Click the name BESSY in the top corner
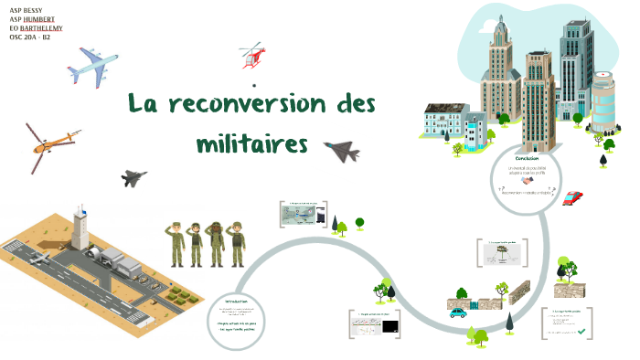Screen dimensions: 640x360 pyautogui.click(x=42, y=9)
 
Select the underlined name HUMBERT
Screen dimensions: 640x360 pyautogui.click(x=43, y=18)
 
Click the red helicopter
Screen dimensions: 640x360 pyautogui.click(x=251, y=56)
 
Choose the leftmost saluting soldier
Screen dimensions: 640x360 pyautogui.click(x=175, y=243)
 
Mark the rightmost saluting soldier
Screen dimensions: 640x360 pyautogui.click(x=237, y=243)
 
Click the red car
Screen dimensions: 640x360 pyautogui.click(x=572, y=197)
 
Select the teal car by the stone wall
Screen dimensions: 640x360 pyautogui.click(x=457, y=313)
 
